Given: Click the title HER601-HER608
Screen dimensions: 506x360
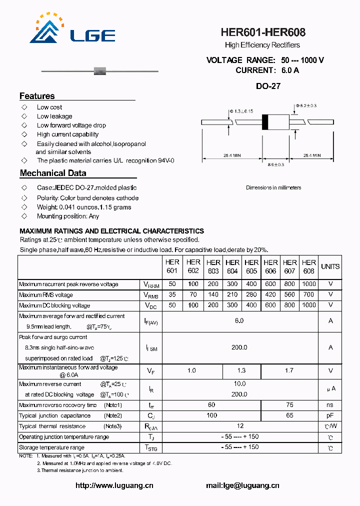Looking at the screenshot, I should [x=263, y=32].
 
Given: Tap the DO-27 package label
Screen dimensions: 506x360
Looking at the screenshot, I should [x=268, y=86].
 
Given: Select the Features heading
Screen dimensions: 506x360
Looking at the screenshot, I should [x=37, y=96].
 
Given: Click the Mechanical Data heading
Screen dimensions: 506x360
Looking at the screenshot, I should [x=53, y=173].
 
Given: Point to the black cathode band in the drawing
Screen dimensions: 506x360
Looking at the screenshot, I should [x=265, y=122].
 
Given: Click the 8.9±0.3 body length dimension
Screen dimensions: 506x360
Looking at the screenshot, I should [x=276, y=164].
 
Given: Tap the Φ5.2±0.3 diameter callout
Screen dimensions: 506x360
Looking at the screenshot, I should [x=306, y=105].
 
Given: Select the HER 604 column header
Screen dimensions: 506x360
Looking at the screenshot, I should [x=232, y=266].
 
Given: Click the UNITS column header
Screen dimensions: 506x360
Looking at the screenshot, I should [x=330, y=266].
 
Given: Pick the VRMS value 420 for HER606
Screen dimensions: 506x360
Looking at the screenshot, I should [x=270, y=295].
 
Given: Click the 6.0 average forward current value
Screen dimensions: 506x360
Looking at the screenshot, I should [x=239, y=320].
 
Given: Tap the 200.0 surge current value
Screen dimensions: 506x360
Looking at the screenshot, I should [x=239, y=347].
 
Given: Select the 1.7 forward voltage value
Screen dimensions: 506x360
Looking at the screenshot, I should [x=289, y=370].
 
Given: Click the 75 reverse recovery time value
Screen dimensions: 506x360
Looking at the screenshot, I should [x=289, y=405].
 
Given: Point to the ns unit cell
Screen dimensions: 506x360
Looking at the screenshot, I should [x=330, y=405].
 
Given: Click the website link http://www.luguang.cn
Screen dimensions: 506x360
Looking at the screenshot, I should [x=114, y=485].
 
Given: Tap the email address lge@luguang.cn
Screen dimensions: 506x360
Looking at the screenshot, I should [x=242, y=485].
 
